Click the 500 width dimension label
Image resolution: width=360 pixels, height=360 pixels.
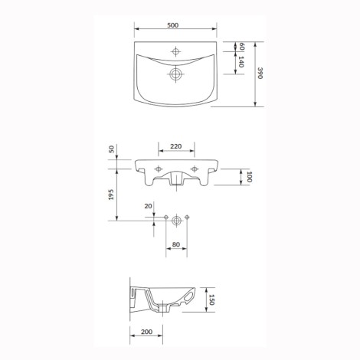(x=173, y=25)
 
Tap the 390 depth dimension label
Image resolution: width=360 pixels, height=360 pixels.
(x=260, y=73)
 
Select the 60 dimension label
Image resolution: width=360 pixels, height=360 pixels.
(x=242, y=47)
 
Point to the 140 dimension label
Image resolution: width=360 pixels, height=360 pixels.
(x=241, y=61)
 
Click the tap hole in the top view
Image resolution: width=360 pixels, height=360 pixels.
(x=175, y=51)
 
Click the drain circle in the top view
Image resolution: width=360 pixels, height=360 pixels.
(x=175, y=74)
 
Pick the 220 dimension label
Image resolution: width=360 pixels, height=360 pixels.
(x=176, y=146)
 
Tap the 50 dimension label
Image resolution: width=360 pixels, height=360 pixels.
(x=112, y=149)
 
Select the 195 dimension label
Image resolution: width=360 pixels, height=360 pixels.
(x=111, y=195)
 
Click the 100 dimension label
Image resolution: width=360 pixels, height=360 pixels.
(x=249, y=177)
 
